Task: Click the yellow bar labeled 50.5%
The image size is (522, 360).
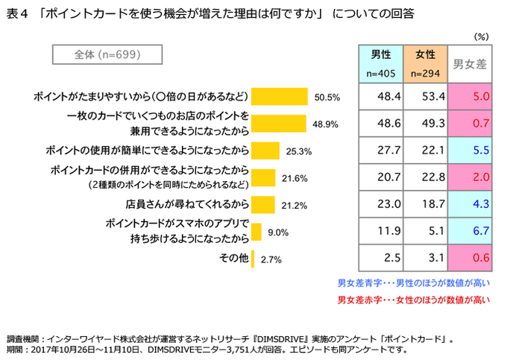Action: [x=280, y=96]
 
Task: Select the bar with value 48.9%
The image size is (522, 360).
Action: [x=279, y=123]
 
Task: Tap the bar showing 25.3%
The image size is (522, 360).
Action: [x=265, y=150]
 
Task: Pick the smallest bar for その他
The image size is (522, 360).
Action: [x=254, y=259]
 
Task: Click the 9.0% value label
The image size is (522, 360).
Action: [x=278, y=233]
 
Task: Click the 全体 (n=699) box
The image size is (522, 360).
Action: [x=108, y=55]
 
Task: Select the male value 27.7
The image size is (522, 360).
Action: [x=381, y=150]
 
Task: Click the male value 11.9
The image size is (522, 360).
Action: [x=381, y=231]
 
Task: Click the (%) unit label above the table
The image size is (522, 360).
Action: [x=481, y=35]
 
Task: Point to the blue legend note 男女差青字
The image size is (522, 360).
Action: [x=413, y=284]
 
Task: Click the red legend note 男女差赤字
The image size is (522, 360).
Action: [x=413, y=300]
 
